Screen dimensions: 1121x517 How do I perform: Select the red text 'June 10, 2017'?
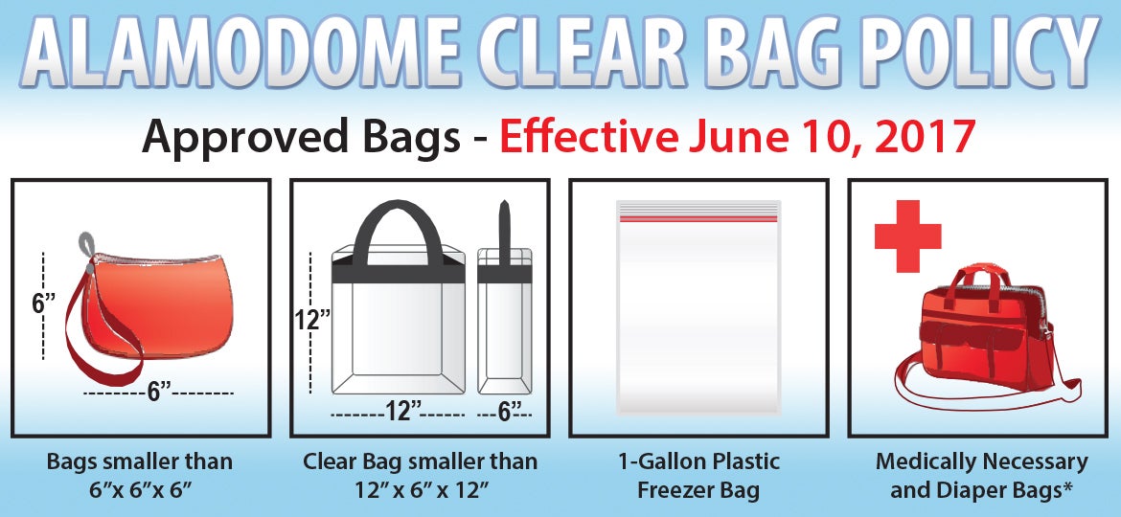tap(831, 136)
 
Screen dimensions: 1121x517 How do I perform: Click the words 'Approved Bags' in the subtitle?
tap(301, 138)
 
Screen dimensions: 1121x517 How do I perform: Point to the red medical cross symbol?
tap(907, 236)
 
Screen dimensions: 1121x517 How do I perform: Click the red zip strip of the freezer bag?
tap(698, 218)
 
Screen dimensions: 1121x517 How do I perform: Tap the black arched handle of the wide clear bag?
tap(399, 232)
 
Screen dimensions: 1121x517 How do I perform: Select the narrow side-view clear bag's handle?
tap(505, 234)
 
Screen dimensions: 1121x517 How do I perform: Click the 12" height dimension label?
tap(312, 319)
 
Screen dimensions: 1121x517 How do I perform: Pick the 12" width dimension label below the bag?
tap(402, 412)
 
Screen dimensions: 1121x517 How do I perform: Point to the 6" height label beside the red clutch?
tap(44, 303)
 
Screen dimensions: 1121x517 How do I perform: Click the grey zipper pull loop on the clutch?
tap(85, 246)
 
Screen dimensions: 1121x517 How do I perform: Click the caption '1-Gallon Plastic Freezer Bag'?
tap(698, 476)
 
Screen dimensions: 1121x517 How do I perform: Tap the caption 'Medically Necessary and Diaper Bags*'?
tap(981, 476)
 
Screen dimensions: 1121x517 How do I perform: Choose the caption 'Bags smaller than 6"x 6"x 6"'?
tap(140, 476)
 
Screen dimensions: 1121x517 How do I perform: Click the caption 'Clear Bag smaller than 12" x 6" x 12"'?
tap(420, 476)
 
